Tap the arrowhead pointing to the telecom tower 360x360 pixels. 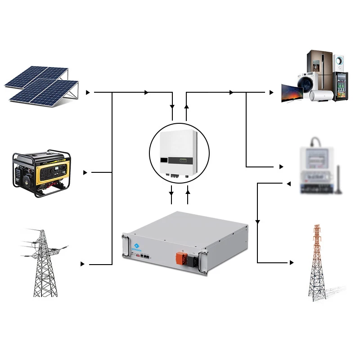tap(293, 263)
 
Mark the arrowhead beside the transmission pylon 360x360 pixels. tap(82, 264)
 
